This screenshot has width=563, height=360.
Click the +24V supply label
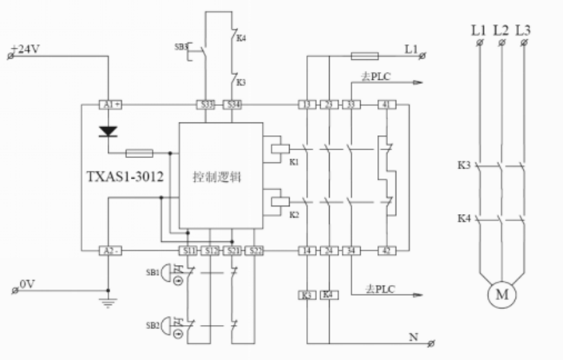click(25, 49)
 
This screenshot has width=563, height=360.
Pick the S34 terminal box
click(234, 105)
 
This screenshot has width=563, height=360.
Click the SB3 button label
click(180, 46)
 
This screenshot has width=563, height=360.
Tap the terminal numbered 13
click(305, 105)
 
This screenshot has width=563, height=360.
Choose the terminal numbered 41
click(387, 105)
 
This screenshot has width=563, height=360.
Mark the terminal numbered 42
click(387, 251)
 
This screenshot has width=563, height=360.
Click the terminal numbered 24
click(327, 251)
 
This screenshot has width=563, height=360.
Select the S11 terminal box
click(188, 251)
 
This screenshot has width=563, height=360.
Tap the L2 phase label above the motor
click(501, 30)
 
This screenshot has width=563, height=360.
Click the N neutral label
click(414, 337)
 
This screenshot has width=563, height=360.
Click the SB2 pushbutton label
click(152, 325)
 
